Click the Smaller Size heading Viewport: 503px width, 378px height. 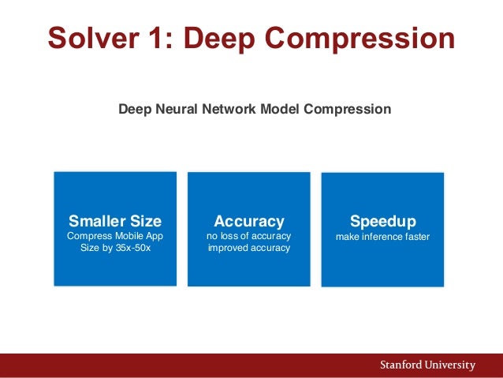click(115, 220)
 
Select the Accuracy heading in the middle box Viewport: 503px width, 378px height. click(249, 221)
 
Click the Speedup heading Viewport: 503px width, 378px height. click(382, 220)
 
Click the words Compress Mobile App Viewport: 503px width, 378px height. click(115, 236)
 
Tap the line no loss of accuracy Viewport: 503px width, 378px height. click(249, 236)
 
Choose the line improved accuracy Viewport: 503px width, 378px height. click(249, 248)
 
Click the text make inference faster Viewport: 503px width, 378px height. click(382, 236)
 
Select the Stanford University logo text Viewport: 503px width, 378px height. click(427, 365)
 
